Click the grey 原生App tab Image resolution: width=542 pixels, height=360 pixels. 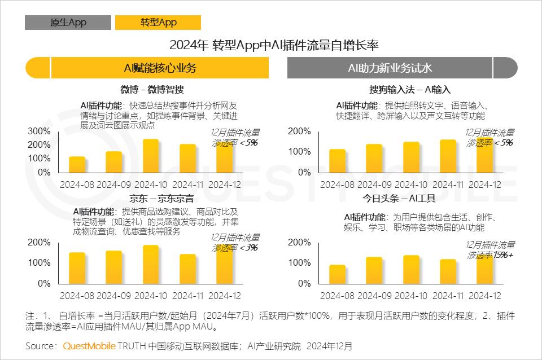[68, 22]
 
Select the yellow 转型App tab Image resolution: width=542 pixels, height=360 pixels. [158, 22]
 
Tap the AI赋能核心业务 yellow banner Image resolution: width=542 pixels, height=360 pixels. [160, 68]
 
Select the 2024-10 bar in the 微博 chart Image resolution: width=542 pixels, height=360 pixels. [151, 156]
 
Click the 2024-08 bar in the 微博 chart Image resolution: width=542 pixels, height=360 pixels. [77, 165]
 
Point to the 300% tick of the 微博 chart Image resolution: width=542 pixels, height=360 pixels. [39, 131]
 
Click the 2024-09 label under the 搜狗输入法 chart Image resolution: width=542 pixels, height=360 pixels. [374, 185]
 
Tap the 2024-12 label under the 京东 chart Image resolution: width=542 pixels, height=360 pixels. [224, 296]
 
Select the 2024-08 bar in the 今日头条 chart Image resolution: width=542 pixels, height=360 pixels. [338, 274]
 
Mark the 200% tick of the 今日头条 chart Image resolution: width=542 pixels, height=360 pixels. [300, 243]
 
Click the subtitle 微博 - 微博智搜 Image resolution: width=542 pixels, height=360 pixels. [152, 90]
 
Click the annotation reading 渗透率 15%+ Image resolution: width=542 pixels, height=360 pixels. [490, 255]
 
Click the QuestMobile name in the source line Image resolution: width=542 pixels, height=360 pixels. [89, 345]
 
